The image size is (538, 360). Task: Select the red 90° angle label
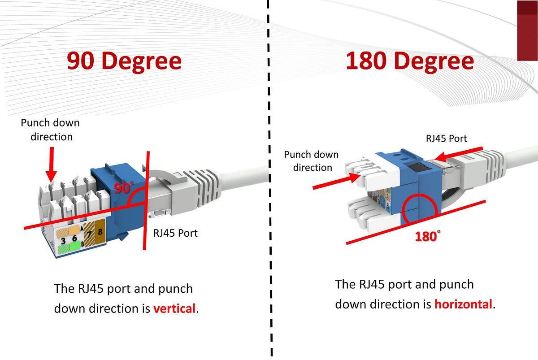[x=121, y=188]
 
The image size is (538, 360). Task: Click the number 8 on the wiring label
[x=100, y=232]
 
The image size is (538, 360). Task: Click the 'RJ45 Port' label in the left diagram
[x=175, y=233]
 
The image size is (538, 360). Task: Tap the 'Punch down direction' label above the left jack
[x=51, y=130]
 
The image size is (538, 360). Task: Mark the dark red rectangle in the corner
[x=527, y=30]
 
